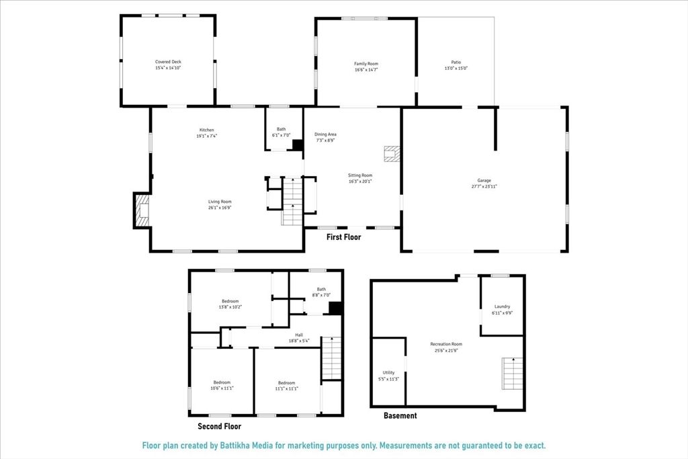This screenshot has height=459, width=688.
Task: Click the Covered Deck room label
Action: (x=168, y=62)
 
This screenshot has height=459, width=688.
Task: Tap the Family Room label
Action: (x=366, y=64)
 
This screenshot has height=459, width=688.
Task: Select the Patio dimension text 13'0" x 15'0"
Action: (x=456, y=69)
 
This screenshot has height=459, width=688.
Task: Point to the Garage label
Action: (x=484, y=180)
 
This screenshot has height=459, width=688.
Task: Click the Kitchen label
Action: (x=206, y=130)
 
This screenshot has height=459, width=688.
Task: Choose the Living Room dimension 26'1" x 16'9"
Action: (x=219, y=208)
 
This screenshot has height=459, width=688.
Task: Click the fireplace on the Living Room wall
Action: (x=141, y=210)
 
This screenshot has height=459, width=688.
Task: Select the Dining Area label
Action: (x=325, y=134)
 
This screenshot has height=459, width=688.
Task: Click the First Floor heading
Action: (x=343, y=237)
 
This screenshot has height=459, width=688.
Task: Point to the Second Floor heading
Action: (x=219, y=426)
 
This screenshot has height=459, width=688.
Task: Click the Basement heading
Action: (x=400, y=416)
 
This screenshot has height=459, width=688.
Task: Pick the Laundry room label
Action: (x=502, y=306)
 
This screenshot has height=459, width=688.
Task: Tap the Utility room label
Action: (x=388, y=372)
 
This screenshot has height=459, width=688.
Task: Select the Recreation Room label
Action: (x=446, y=344)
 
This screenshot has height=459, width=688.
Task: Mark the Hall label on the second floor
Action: (x=300, y=334)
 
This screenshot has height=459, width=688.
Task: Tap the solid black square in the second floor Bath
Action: (x=335, y=308)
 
